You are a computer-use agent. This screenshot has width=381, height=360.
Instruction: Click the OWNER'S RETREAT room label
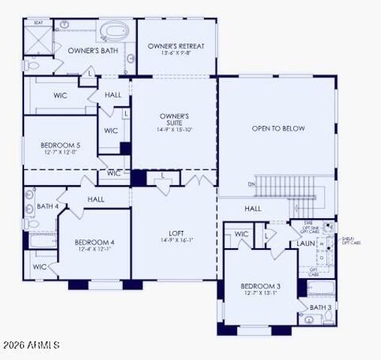(176, 46)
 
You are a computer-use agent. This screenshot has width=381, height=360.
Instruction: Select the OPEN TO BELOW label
(277, 128)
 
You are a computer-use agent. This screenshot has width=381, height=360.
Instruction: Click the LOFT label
(176, 232)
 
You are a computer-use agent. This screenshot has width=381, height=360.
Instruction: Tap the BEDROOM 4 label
(94, 242)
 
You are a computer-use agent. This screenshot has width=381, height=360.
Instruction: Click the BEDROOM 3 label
(260, 286)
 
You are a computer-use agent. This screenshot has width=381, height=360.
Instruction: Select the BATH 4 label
(47, 206)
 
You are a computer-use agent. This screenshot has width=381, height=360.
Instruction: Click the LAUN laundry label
(305, 243)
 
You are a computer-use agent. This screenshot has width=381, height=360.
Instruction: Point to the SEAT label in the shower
(37, 22)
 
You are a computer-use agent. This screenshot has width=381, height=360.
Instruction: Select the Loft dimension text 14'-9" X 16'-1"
(176, 240)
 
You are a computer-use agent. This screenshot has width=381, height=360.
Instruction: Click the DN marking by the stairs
(252, 183)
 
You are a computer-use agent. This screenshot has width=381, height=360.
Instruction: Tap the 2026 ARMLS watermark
(31, 346)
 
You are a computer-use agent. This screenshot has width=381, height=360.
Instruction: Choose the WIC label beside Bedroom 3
(241, 235)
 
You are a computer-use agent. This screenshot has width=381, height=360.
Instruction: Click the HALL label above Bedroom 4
(95, 199)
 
